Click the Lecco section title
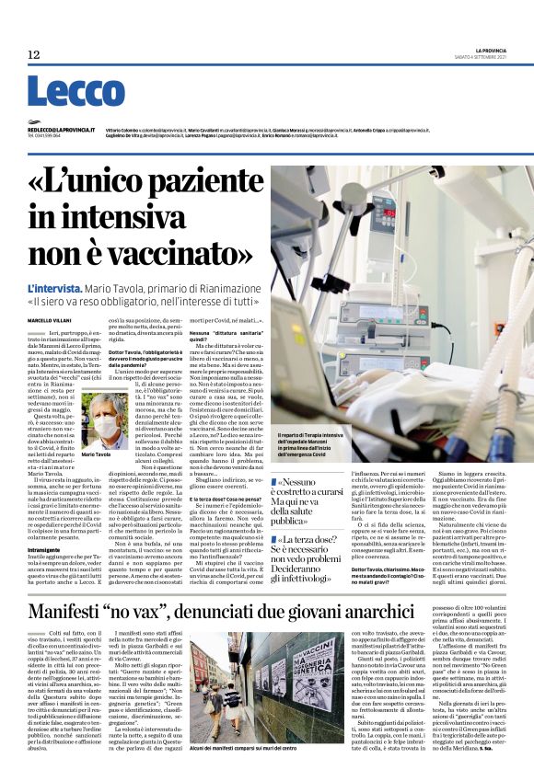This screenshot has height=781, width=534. click(x=64, y=92)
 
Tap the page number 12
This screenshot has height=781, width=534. click(x=34, y=55)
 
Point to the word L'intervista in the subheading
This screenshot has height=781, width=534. click(x=57, y=289)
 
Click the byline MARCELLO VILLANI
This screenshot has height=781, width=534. click(x=47, y=319)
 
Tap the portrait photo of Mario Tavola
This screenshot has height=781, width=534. click(x=105, y=421)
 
